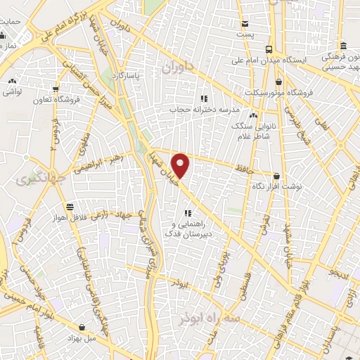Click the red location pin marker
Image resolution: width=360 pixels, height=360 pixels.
(x=181, y=165)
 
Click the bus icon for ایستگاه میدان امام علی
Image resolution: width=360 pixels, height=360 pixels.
(x=269, y=49)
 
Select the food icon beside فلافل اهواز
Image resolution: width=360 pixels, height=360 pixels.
(x=70, y=207)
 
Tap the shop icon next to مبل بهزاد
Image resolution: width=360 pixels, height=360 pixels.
(x=84, y=326)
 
